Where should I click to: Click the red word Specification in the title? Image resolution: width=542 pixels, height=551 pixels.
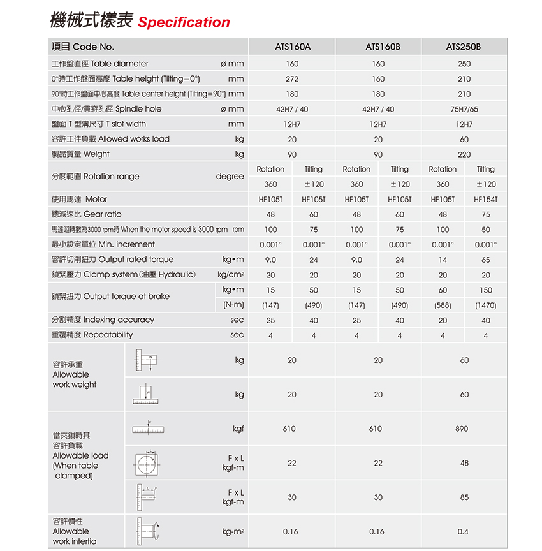(184, 23)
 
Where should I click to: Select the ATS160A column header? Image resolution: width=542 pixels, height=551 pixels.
(292, 47)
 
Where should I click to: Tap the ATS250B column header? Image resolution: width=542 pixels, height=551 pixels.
(464, 47)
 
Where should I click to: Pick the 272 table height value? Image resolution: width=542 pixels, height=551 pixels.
(292, 79)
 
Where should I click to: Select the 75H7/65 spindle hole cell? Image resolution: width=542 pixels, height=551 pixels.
(464, 109)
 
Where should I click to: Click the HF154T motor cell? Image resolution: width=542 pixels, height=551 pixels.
(486, 199)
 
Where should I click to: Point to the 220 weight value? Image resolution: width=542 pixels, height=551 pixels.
(464, 154)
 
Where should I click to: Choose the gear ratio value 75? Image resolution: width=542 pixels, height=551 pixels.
(486, 214)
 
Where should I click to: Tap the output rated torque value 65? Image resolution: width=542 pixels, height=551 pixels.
(486, 260)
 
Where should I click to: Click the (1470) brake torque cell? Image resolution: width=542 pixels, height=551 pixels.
(486, 305)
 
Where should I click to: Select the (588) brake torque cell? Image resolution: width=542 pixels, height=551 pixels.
(443, 305)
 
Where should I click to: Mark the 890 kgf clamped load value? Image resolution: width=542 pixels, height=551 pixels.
(462, 429)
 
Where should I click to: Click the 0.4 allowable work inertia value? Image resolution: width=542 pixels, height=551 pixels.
(463, 531)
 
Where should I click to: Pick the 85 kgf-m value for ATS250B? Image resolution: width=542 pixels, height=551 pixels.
(464, 497)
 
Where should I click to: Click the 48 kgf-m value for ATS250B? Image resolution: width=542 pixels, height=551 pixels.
(464, 463)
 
